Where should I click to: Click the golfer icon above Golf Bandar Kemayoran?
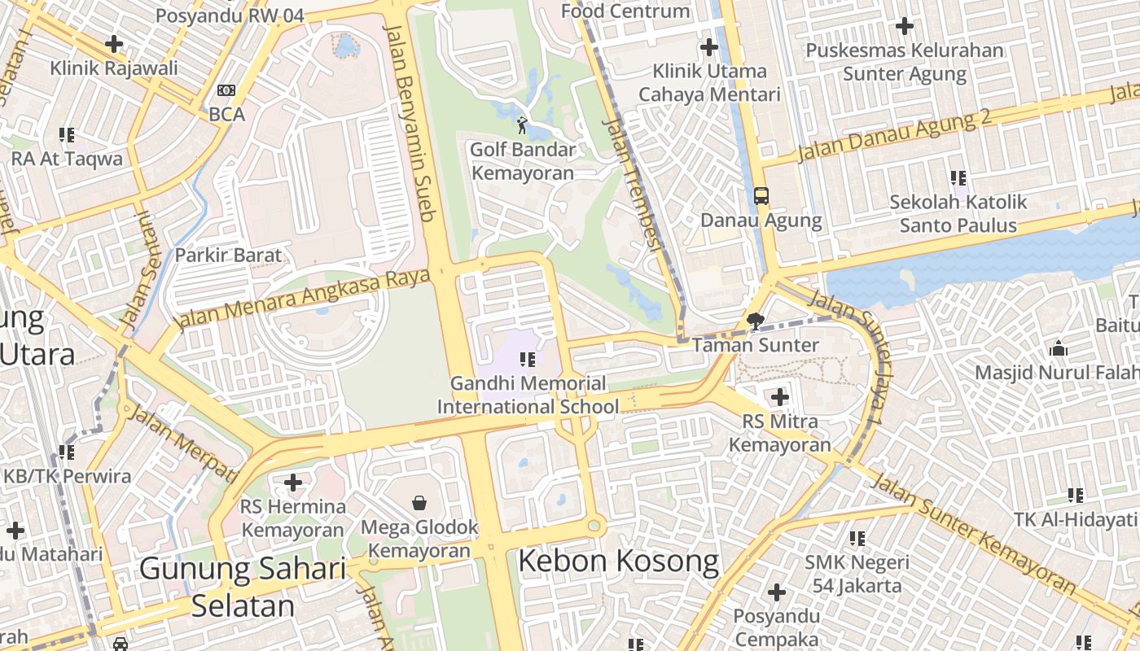pyautogui.click(x=522, y=125)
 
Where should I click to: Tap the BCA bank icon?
pyautogui.click(x=226, y=90)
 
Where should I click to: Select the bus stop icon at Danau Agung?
pyautogui.click(x=761, y=196)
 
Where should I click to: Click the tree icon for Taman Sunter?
pyautogui.click(x=756, y=321)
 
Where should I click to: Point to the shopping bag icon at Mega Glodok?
pyautogui.click(x=419, y=502)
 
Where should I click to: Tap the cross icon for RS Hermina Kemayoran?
pyautogui.click(x=293, y=483)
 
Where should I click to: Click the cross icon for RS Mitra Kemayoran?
pyautogui.click(x=780, y=397)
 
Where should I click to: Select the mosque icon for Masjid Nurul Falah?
pyautogui.click(x=1059, y=348)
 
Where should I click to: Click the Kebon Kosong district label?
pyautogui.click(x=618, y=561)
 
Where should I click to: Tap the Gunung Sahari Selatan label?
pyautogui.click(x=243, y=586)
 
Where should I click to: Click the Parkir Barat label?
pyautogui.click(x=228, y=255)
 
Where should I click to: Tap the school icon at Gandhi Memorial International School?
pyautogui.click(x=528, y=359)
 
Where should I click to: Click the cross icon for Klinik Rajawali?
pyautogui.click(x=114, y=43)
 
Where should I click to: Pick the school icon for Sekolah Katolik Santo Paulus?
pyautogui.click(x=958, y=177)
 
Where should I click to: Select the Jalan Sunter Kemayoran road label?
pyautogui.click(x=974, y=535)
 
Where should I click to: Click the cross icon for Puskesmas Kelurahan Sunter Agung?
pyautogui.click(x=904, y=26)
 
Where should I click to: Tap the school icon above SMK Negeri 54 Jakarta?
pyautogui.click(x=857, y=538)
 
